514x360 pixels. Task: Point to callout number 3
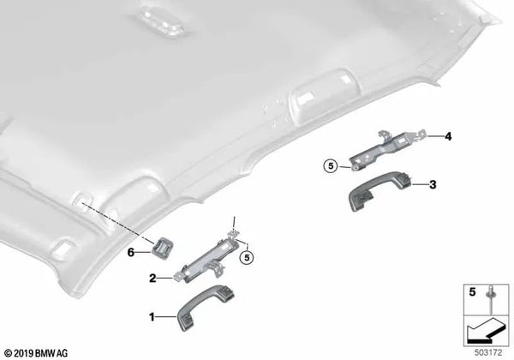[433, 183]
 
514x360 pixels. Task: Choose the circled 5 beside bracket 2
[247, 255]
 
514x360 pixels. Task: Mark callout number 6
[132, 251]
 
